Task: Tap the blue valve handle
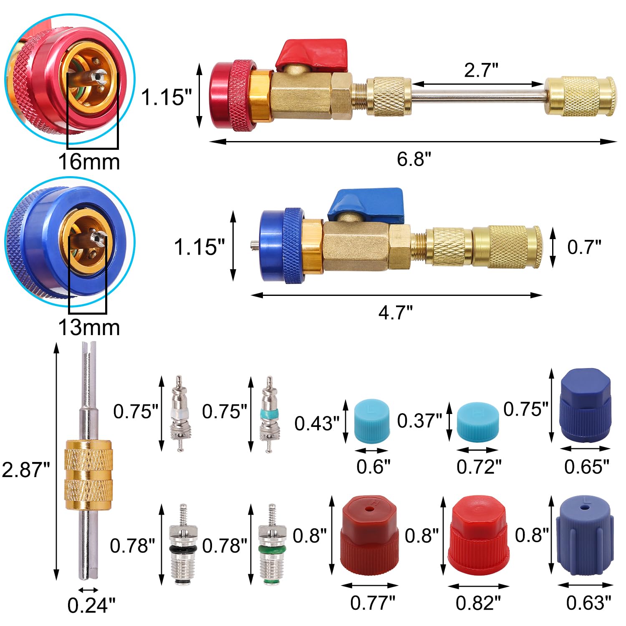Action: click(x=366, y=204)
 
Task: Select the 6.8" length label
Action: click(x=414, y=159)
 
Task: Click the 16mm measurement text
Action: click(x=89, y=162)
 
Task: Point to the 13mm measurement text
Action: click(x=89, y=328)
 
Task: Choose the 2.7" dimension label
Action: click(x=481, y=70)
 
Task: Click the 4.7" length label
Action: click(x=395, y=312)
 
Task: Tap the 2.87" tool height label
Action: click(x=26, y=470)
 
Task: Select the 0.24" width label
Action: click(x=91, y=606)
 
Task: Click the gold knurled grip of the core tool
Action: click(x=88, y=474)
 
